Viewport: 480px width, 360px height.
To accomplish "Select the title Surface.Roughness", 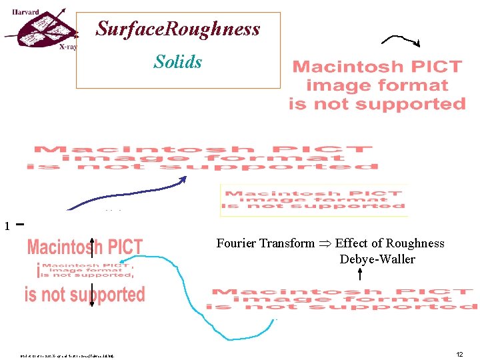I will [178, 29].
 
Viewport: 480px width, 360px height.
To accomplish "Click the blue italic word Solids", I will [177, 62].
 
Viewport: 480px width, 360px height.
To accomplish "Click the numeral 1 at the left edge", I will [7, 227].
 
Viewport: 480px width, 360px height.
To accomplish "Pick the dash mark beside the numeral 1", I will [19, 224].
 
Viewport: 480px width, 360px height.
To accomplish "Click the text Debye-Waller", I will [377, 259].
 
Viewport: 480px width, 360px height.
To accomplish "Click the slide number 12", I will [459, 355].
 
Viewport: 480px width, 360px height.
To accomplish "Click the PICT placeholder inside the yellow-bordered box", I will [314, 199].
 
